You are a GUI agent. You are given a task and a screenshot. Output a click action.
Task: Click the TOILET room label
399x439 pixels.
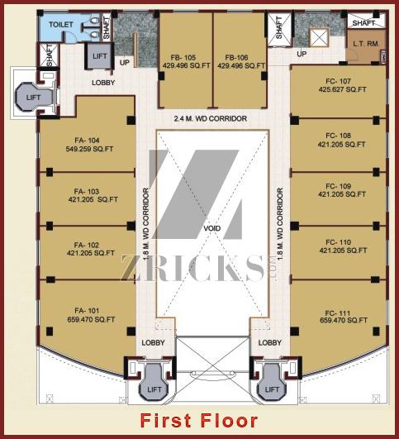coord(61,25)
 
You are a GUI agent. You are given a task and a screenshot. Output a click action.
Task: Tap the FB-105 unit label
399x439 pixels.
coord(183,58)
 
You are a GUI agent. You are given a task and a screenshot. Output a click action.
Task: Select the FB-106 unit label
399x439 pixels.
coord(237,58)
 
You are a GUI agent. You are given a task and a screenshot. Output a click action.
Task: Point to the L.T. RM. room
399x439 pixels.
coord(366,44)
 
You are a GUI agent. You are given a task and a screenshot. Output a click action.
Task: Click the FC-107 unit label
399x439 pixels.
coord(338,81)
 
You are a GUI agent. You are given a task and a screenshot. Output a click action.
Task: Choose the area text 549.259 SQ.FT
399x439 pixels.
coord(89,149)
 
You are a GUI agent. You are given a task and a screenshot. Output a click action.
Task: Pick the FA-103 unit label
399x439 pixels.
coord(87,192)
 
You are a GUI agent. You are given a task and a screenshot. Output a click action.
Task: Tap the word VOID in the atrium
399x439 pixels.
coord(211,228)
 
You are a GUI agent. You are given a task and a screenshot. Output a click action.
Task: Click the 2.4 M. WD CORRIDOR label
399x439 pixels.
coord(211,119)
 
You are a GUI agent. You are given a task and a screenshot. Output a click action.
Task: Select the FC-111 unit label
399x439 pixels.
coord(338,313)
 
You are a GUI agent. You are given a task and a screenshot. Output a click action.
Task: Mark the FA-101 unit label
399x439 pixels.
coord(87,311)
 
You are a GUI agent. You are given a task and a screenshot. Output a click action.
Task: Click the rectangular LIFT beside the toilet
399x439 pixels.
coord(100,56)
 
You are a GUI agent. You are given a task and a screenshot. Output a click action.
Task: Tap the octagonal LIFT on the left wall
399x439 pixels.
coord(34,98)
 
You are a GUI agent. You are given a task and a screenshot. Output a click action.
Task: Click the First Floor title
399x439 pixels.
coord(199,421)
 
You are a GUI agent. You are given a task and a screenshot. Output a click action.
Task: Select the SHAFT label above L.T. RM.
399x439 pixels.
coord(363,23)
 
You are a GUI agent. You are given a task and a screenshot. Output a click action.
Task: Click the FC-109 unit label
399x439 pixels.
coord(338,186)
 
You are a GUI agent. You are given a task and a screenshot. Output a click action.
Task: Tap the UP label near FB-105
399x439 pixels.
coord(125,63)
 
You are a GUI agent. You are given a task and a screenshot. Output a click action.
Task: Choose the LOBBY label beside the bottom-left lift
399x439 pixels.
coord(153,343)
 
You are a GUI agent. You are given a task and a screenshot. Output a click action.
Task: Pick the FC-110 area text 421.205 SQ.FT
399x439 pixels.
coord(343,251)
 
